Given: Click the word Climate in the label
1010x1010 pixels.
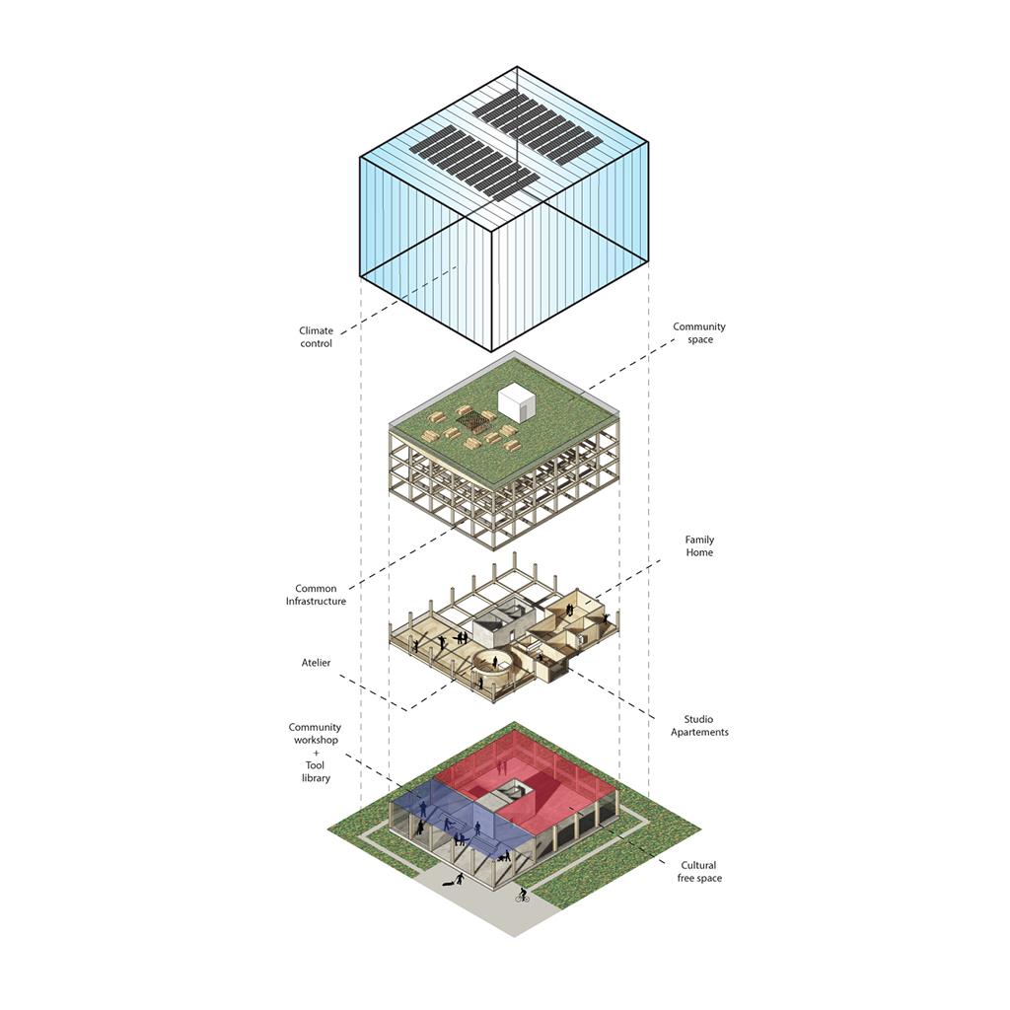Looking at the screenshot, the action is coord(317,330).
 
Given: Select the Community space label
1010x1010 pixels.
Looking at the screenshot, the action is coord(699,333).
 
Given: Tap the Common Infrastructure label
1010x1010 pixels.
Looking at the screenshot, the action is coord(316,595).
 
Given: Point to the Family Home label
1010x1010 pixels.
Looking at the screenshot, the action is coord(699,546).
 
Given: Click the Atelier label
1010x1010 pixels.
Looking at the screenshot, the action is coord(317,662).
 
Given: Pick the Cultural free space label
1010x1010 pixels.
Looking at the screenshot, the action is coord(699,872).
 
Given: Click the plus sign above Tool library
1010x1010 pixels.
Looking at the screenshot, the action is coord(316,753).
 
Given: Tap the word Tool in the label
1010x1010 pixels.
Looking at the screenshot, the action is coord(316,765).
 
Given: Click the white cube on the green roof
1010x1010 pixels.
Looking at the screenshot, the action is coord(516,400).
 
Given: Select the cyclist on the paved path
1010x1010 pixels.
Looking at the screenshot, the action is coord(522,896).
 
